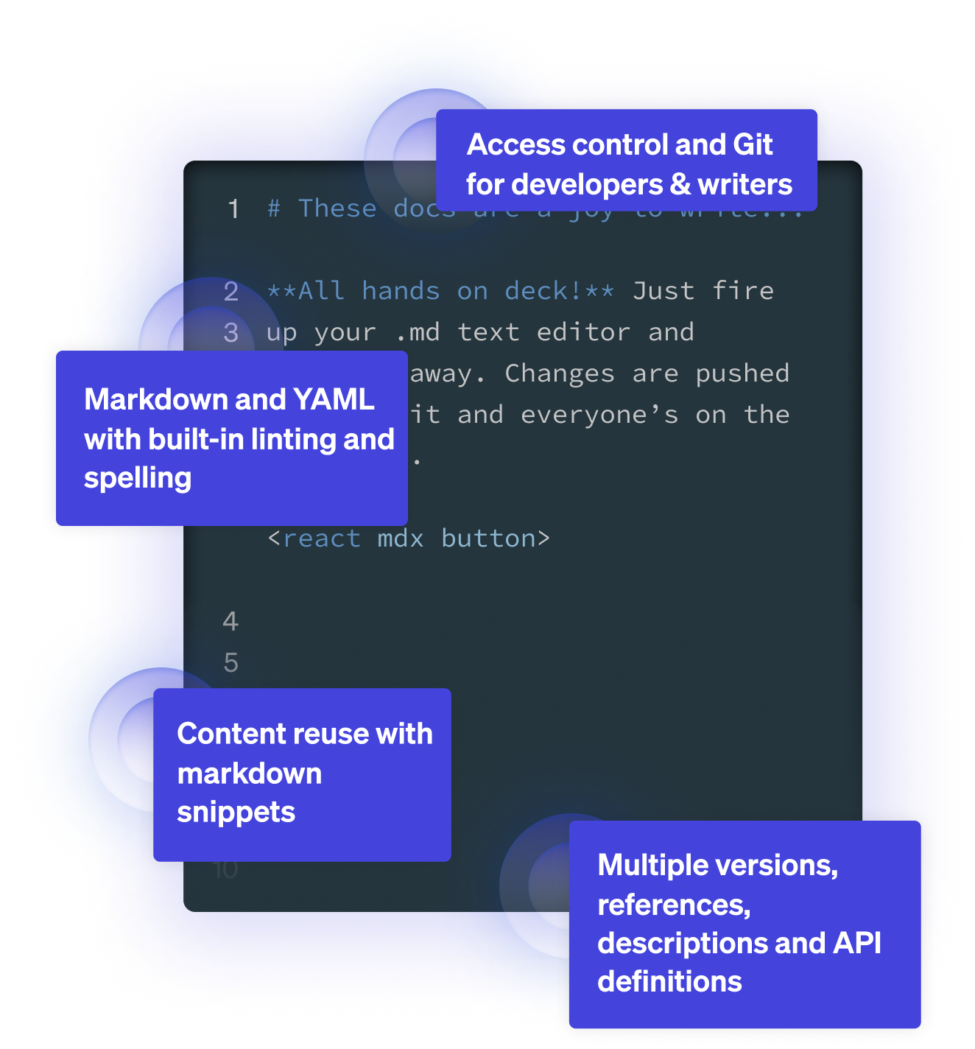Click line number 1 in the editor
tap(233, 209)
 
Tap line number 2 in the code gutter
tap(231, 292)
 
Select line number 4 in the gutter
tap(230, 622)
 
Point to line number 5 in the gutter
tap(231, 663)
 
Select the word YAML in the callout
tap(334, 400)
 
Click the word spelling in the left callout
tap(138, 479)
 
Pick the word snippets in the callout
tap(236, 813)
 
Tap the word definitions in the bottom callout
tap(669, 982)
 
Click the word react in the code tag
tap(322, 538)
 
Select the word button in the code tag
tap(488, 538)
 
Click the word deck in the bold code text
tap(536, 291)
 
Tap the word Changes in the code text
tap(560, 373)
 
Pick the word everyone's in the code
tap(599, 415)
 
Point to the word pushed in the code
tap(742, 373)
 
